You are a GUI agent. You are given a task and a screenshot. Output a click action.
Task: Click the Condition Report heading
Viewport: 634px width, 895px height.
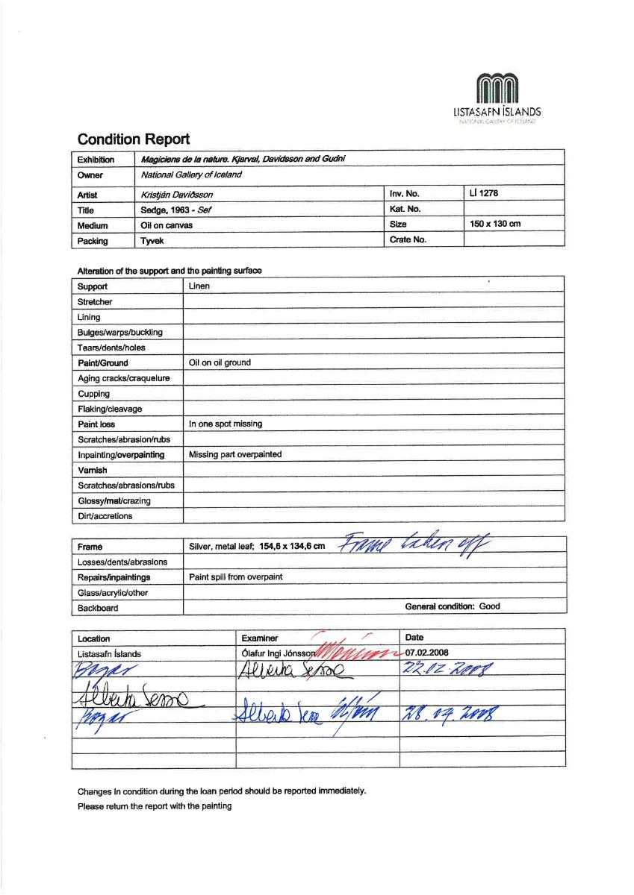pos(134,139)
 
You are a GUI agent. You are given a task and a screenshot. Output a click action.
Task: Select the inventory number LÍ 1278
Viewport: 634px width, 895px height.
pos(484,194)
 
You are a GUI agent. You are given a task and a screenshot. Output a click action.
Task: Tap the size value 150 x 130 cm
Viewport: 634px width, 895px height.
pos(496,224)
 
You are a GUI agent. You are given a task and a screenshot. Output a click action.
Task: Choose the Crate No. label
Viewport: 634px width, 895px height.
pos(408,239)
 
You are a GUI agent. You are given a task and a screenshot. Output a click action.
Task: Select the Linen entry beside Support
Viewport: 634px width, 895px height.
pos(199,286)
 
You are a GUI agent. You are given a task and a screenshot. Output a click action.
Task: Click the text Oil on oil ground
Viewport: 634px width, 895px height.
pos(220,363)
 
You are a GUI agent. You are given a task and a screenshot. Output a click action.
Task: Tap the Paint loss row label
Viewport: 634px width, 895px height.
pos(96,424)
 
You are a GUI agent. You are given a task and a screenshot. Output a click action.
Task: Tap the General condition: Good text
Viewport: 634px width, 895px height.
pos(453,607)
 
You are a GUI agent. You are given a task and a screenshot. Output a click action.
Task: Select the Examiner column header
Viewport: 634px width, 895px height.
pos(260,638)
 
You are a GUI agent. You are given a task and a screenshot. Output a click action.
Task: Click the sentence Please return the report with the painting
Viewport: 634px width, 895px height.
pos(155,805)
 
